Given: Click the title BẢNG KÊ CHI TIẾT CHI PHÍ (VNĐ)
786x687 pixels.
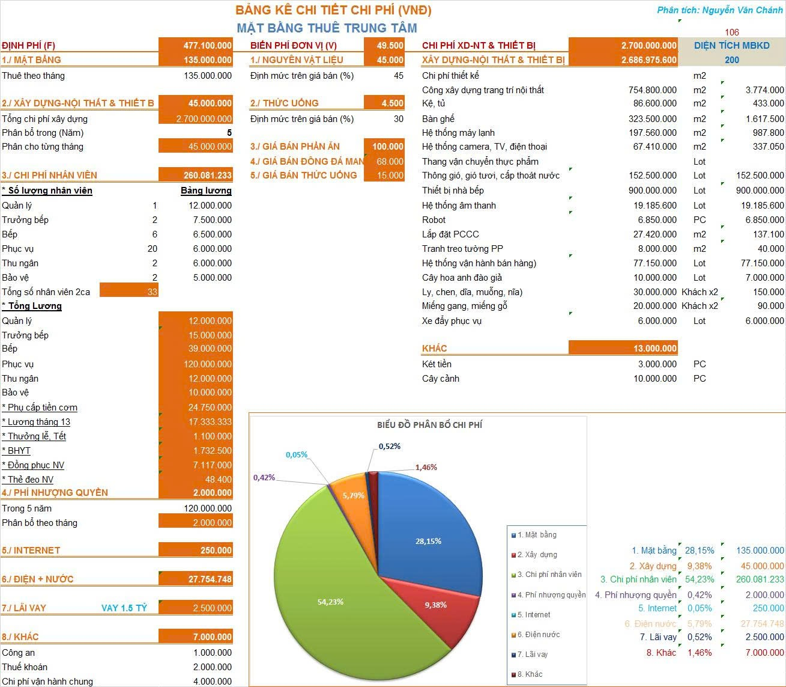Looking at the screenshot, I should (x=333, y=10).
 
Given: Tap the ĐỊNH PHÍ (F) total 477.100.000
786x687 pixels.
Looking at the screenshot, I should (x=207, y=46).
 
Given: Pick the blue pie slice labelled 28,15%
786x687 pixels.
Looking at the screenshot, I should (x=428, y=529).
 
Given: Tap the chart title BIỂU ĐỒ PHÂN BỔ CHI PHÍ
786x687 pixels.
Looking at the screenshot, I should (x=429, y=425).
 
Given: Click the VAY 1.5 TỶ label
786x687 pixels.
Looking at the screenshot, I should (x=124, y=608).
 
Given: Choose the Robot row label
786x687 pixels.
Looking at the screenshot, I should (x=434, y=220).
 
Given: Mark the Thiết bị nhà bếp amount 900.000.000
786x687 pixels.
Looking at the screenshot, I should (x=653, y=191).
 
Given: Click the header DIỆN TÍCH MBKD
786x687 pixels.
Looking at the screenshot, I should (x=731, y=46).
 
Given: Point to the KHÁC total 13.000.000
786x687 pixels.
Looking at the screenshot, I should (x=654, y=349).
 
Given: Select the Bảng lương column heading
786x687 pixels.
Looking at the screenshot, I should (x=206, y=191).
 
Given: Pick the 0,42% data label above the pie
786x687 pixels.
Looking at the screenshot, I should (x=264, y=478).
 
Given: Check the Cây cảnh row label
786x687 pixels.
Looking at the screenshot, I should (x=441, y=379).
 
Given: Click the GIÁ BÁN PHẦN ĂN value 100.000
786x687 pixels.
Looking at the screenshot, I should (x=387, y=147).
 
